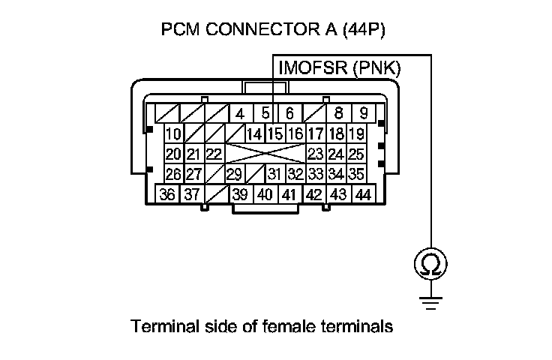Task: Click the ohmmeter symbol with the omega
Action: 431,265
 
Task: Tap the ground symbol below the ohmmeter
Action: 431,301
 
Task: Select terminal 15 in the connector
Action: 274,135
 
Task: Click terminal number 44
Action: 363,193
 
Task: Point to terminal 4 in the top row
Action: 239,115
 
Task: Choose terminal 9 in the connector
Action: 363,115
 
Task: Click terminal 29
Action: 234,175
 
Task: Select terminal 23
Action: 315,154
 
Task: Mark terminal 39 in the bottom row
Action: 240,193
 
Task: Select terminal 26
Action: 174,175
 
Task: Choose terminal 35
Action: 356,175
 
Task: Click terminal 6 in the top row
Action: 289,115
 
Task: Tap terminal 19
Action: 356,135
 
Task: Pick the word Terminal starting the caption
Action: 159,327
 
